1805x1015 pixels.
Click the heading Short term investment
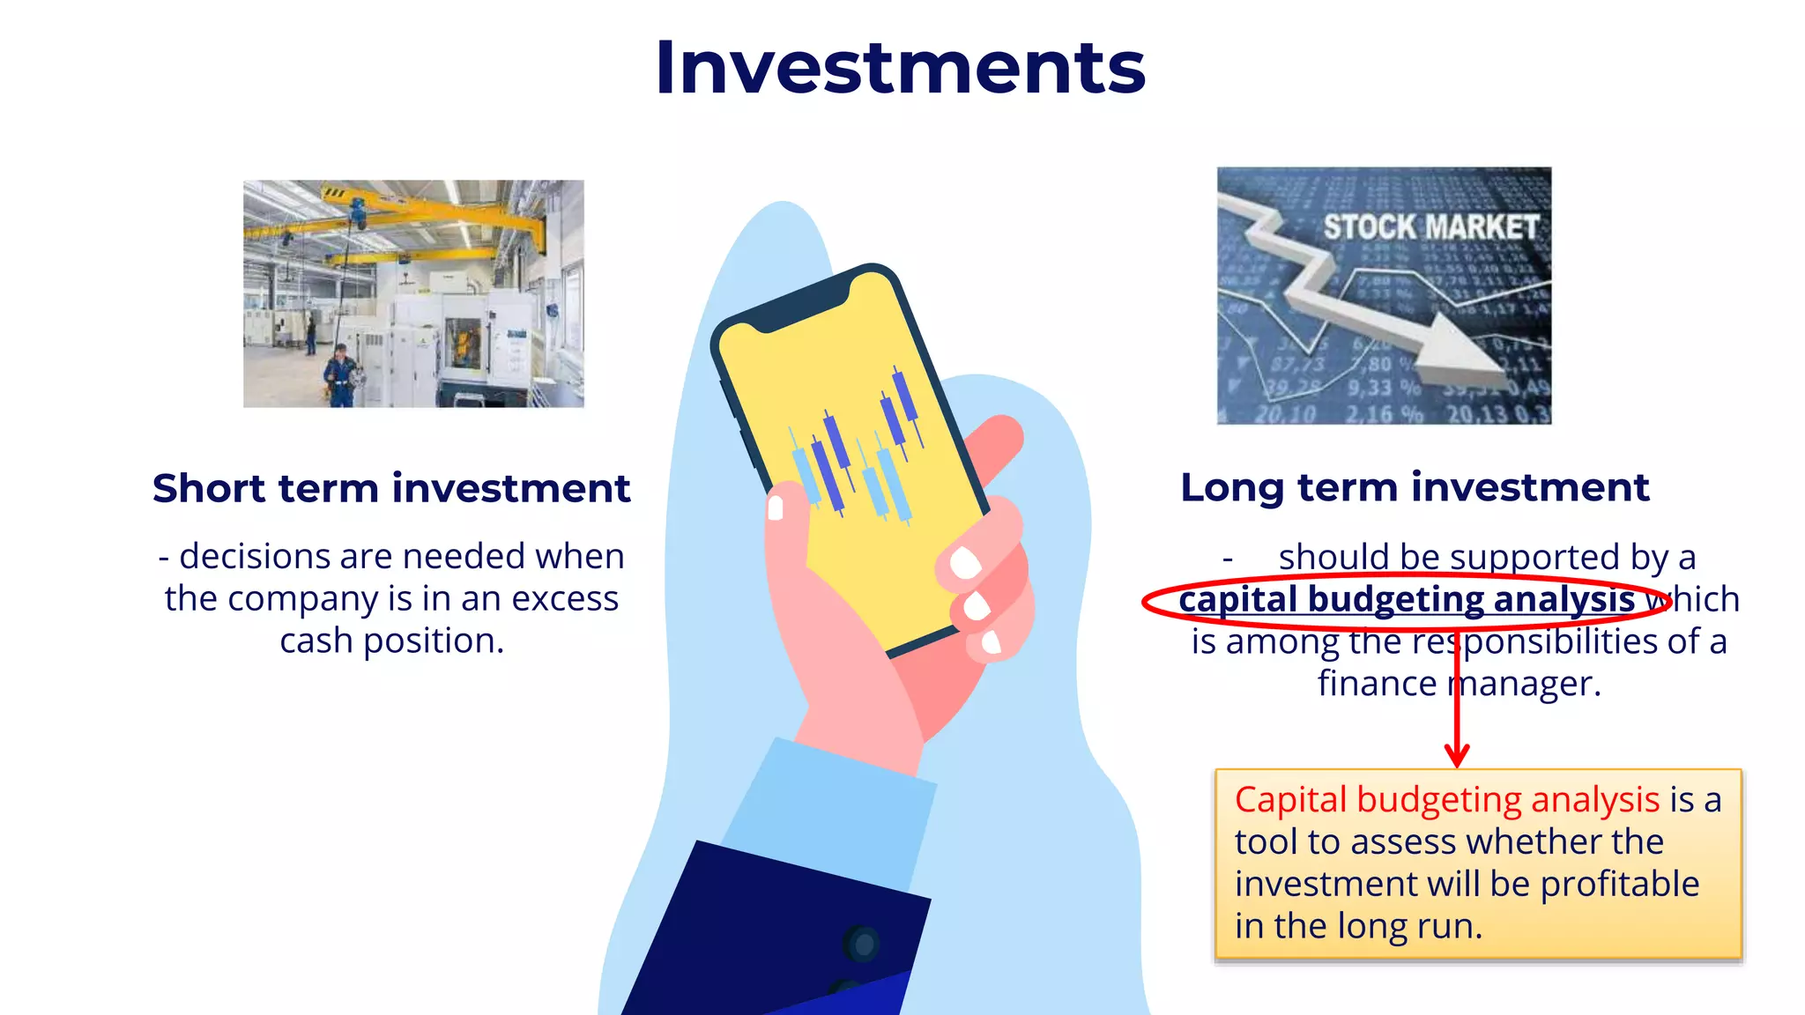(x=391, y=488)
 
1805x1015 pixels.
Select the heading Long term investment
(x=1415, y=487)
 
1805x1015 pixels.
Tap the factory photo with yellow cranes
(x=413, y=293)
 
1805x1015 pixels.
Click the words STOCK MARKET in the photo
(x=1430, y=227)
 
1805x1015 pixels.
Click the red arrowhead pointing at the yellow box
(x=1457, y=756)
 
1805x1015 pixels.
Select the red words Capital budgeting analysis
(x=1446, y=800)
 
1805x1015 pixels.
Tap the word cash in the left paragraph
(x=316, y=641)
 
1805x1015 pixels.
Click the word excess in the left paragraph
(x=565, y=598)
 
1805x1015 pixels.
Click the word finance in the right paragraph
(x=1376, y=684)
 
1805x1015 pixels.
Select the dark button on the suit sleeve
(x=861, y=945)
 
